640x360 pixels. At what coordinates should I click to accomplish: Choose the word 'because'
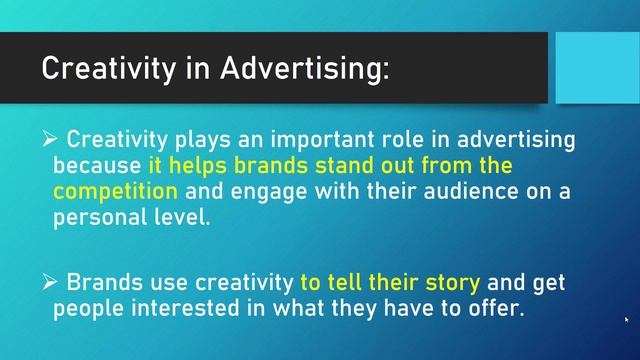pyautogui.click(x=96, y=163)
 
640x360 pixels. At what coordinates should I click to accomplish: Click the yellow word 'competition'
pyautogui.click(x=115, y=189)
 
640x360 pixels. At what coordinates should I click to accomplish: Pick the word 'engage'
pyautogui.click(x=263, y=189)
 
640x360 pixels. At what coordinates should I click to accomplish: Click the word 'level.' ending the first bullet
pyautogui.click(x=183, y=215)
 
